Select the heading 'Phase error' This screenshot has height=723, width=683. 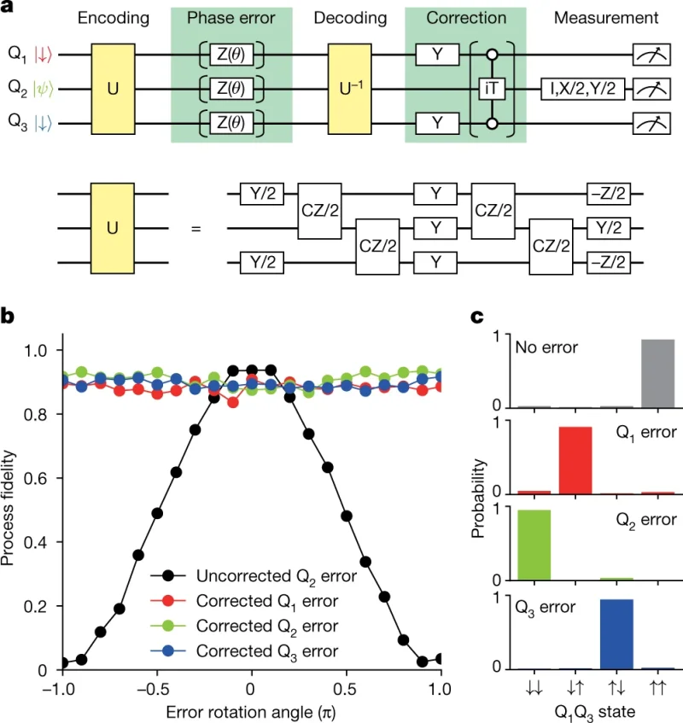(x=231, y=18)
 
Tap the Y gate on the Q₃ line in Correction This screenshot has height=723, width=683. (x=436, y=122)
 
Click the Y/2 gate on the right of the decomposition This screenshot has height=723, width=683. (x=607, y=229)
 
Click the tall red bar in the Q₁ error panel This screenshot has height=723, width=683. (x=575, y=460)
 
